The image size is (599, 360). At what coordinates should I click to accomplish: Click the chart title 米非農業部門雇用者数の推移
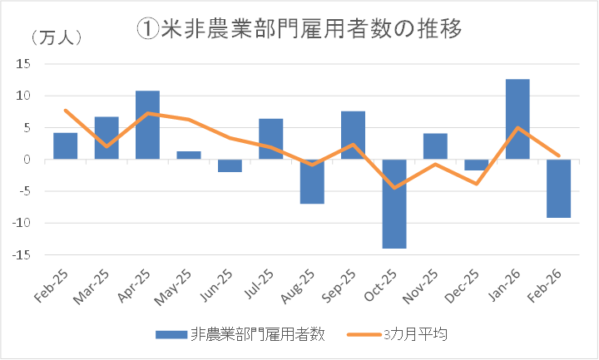pos(299,27)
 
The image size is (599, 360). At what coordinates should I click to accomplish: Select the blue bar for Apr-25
pos(147,125)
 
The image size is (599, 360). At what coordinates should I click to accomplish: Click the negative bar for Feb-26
pos(557,188)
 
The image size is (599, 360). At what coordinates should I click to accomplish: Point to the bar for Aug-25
pos(312,181)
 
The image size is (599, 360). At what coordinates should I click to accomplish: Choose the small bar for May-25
pos(189,155)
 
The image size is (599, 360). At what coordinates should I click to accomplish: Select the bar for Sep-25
pos(353,135)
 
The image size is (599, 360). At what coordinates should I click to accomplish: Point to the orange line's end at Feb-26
pos(558,155)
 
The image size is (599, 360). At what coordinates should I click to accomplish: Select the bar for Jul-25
pos(270,138)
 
